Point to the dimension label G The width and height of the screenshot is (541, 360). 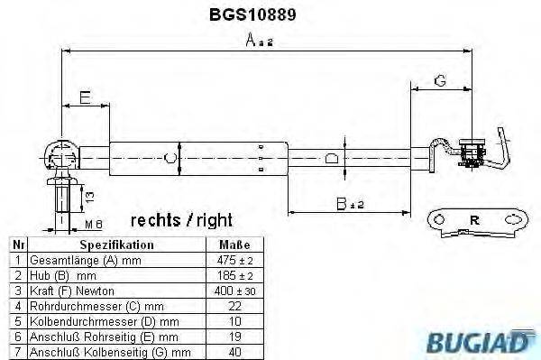(x=439, y=80)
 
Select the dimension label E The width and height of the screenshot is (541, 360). (x=83, y=97)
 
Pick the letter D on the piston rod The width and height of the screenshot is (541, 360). (x=331, y=159)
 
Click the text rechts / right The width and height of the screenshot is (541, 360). (x=181, y=220)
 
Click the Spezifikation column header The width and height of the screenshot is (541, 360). (x=117, y=245)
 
